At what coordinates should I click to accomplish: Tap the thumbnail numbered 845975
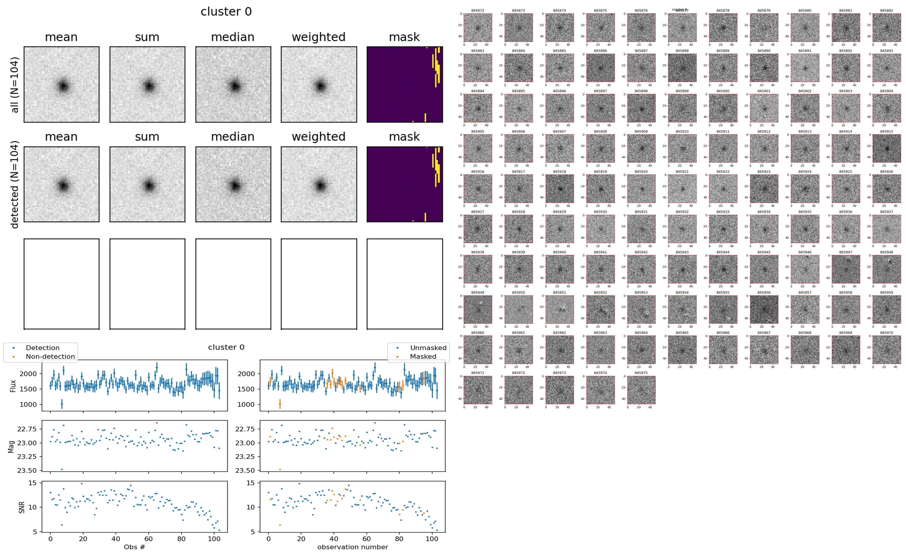641,390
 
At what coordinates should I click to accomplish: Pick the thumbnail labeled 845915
886,149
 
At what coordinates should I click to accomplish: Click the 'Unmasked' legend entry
428,348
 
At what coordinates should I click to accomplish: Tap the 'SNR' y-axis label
22,507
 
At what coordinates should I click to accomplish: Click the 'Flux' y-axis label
13,386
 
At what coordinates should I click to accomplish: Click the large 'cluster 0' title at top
226,12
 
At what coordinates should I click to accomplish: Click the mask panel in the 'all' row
405,84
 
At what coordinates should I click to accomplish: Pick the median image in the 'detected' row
233,184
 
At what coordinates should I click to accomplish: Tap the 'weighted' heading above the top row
319,37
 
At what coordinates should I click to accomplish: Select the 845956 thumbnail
764,309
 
